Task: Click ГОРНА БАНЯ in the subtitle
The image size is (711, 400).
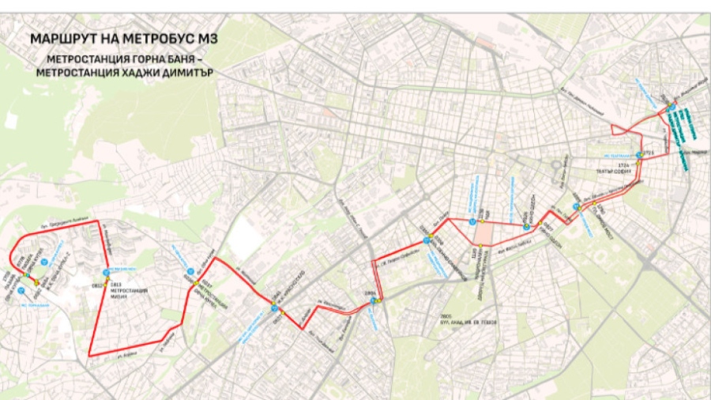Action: pos(163,58)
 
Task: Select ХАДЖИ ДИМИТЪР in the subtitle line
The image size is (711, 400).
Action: pos(175,72)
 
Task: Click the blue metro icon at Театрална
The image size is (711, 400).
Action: pos(638,156)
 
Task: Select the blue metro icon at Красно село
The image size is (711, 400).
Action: pos(274,309)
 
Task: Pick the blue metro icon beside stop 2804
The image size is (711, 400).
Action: pos(373,300)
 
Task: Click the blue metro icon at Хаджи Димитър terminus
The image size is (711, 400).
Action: pos(670,108)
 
